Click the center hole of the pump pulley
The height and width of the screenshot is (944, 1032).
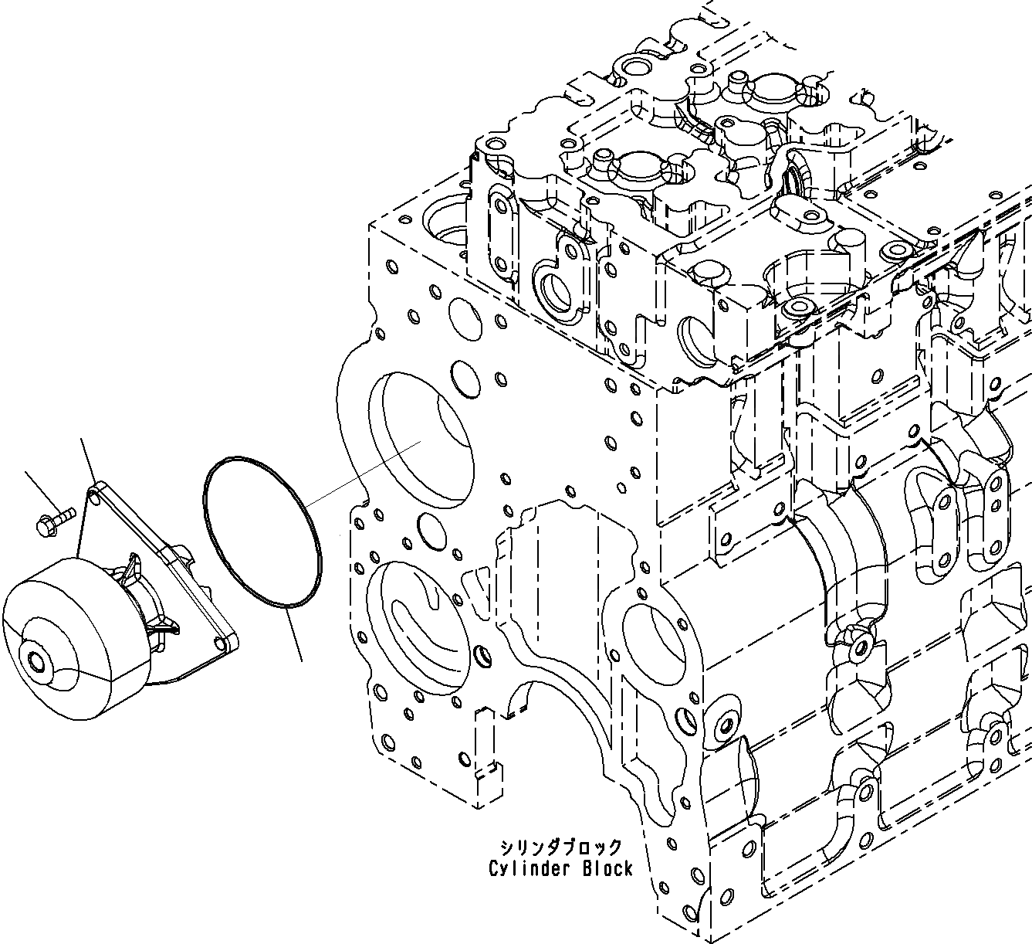[x=35, y=660]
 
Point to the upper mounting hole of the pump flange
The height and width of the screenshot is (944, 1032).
[x=93, y=494]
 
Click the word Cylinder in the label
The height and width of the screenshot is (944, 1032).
[x=529, y=869]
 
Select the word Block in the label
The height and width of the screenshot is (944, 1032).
[x=607, y=869]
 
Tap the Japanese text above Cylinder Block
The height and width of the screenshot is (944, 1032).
[x=560, y=846]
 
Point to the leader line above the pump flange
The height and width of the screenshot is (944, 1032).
[x=87, y=461]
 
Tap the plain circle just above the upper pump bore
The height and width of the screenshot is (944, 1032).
[x=465, y=379]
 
